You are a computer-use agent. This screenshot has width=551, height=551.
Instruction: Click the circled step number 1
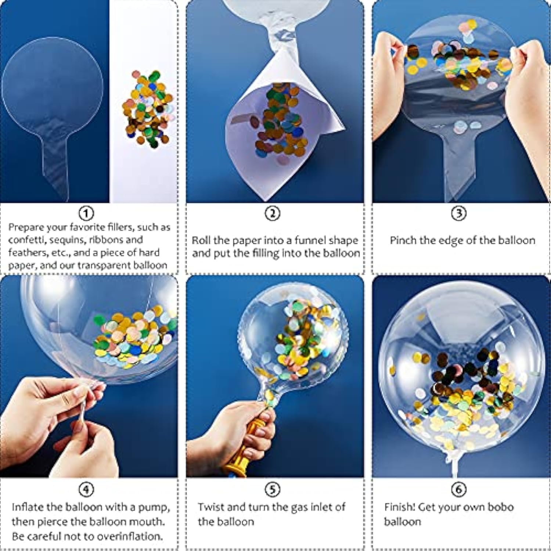coord(86,213)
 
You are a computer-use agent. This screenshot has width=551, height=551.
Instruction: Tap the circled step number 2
coord(273,213)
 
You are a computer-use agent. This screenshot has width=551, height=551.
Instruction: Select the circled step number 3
coord(458,213)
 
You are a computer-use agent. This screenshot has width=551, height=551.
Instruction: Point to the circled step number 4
coord(86,489)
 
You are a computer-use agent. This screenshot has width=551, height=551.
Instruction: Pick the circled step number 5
coord(273,489)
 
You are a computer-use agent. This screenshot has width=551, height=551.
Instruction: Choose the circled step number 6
coord(458,489)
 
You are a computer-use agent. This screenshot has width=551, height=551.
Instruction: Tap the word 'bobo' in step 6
coord(500,507)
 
